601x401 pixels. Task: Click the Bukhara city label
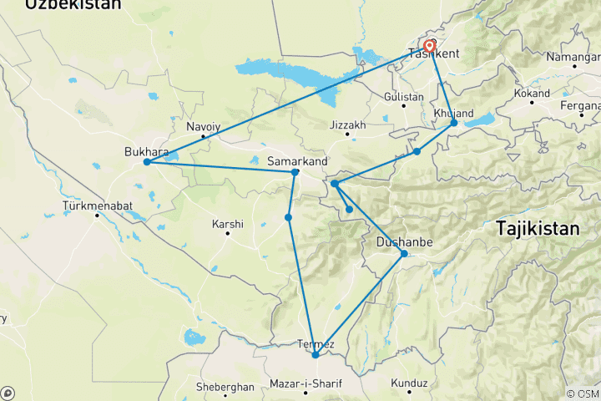point(146,152)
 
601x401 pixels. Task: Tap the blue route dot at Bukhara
point(147,162)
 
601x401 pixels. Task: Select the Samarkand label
point(297,160)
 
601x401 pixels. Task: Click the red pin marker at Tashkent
point(430,46)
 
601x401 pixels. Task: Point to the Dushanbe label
point(404,242)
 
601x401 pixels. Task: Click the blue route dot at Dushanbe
point(404,254)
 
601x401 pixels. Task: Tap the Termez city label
point(316,344)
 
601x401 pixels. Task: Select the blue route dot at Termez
point(315,355)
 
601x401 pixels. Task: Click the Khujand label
point(454,113)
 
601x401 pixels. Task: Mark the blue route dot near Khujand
point(454,123)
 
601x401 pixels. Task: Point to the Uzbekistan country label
point(73,5)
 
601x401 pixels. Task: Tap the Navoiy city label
point(204,126)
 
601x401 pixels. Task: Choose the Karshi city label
point(228,224)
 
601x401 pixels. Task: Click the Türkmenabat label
point(98,205)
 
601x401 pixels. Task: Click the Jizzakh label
point(348,125)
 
